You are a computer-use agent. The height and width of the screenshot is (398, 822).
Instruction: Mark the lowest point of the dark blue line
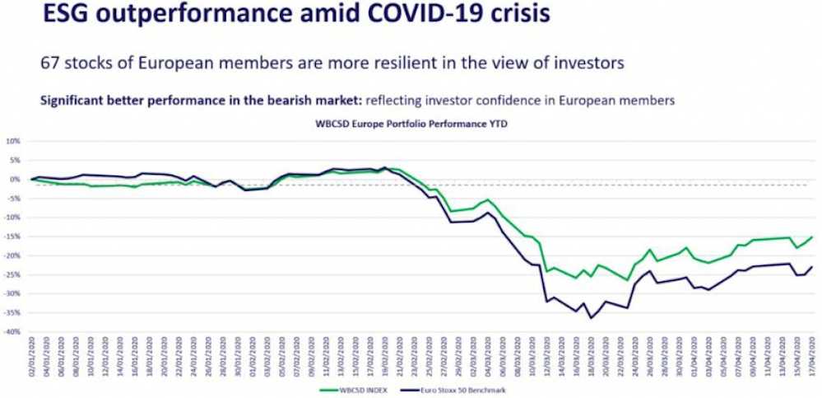click(x=590, y=318)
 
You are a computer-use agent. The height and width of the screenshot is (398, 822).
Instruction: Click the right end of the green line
click(x=813, y=236)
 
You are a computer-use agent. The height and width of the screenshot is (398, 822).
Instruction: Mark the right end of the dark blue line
click(x=813, y=266)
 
